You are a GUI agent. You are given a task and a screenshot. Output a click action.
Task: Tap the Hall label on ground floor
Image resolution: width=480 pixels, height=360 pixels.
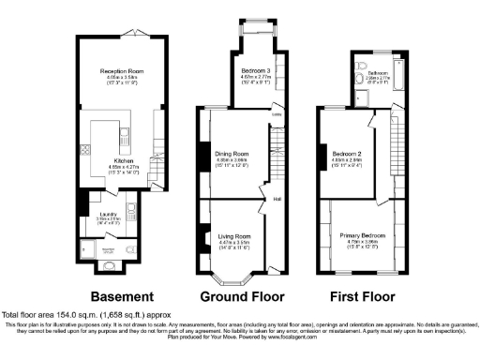277,199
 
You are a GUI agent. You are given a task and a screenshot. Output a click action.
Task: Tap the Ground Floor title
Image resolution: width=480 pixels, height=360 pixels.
242,297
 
